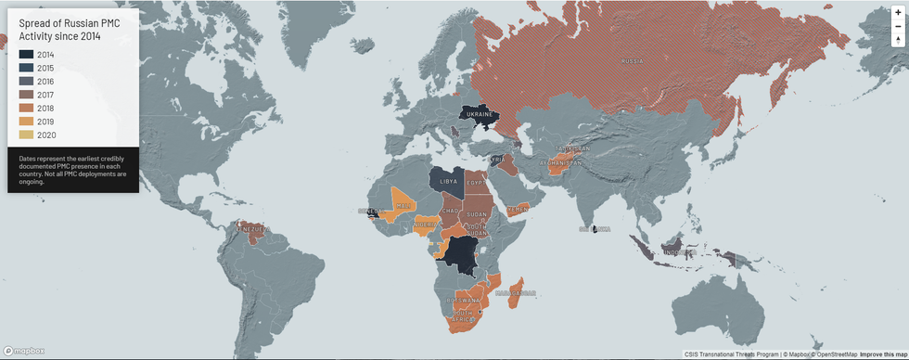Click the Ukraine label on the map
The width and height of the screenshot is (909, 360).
pyautogui.click(x=480, y=114)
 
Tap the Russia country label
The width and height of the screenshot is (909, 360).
pyautogui.click(x=632, y=61)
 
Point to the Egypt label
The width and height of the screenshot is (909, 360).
pyautogui.click(x=476, y=184)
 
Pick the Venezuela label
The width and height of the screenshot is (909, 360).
pyautogui.click(x=250, y=227)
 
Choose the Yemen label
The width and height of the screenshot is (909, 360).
pyautogui.click(x=517, y=210)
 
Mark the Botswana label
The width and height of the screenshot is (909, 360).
pyautogui.click(x=464, y=302)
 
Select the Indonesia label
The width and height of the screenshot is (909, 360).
pyautogui.click(x=680, y=252)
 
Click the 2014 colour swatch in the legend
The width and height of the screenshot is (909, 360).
pyautogui.click(x=26, y=55)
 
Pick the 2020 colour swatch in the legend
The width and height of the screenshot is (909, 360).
pyautogui.click(x=26, y=135)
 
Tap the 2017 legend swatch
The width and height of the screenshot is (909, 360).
pyautogui.click(x=26, y=95)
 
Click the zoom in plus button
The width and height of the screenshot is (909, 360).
pyautogui.click(x=897, y=12)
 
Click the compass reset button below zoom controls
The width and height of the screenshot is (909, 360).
pyautogui.click(x=897, y=40)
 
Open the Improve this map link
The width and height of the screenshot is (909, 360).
pyautogui.click(x=883, y=354)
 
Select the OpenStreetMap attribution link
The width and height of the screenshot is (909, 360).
pyautogui.click(x=835, y=354)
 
